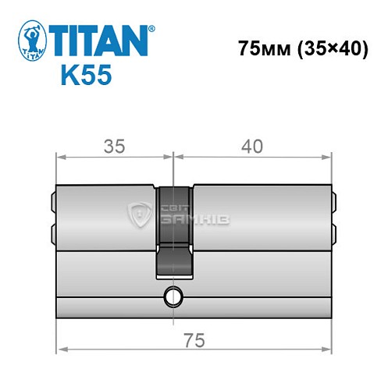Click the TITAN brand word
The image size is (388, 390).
click(99, 40)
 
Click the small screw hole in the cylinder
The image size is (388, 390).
click(171, 296)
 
